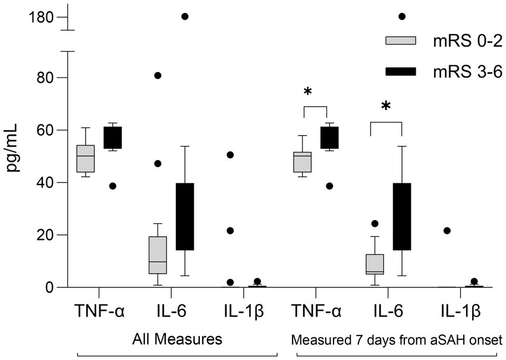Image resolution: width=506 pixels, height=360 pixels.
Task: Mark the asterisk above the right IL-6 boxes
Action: point(386,107)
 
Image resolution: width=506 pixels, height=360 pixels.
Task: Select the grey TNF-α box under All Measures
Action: point(86,158)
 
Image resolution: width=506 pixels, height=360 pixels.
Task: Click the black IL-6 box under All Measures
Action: point(185,217)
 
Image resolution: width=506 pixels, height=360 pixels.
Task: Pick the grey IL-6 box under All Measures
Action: point(158,255)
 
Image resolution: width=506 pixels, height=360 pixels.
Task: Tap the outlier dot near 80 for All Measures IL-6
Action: point(158,76)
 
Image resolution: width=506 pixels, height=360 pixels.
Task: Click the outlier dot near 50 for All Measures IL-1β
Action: point(230,155)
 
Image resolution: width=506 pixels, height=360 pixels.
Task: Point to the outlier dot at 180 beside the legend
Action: point(401,16)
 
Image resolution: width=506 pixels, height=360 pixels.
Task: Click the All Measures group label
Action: point(176,340)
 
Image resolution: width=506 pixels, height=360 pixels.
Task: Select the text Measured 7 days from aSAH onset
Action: point(397,340)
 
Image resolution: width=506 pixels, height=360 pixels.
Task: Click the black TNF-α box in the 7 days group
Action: point(329,137)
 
